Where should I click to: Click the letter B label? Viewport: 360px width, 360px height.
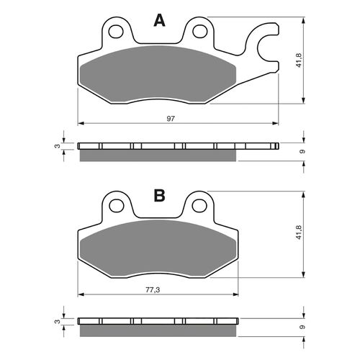click(x=160, y=196)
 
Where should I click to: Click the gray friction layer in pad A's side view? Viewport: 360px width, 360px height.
click(x=158, y=155)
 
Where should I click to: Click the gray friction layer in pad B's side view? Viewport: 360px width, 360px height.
click(x=158, y=329)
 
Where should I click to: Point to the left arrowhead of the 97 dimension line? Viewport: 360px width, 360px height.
click(x=81, y=122)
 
